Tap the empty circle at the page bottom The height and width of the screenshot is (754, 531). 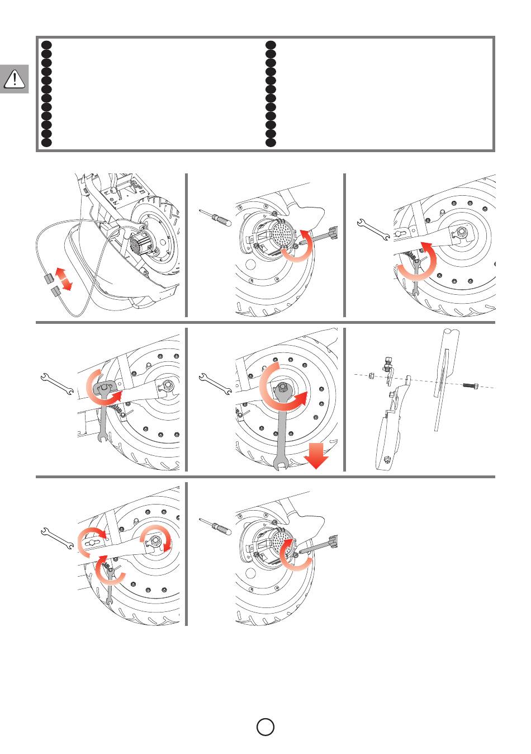pos(265,727)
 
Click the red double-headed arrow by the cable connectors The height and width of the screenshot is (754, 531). pos(64,279)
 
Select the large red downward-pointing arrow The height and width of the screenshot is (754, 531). pos(316,455)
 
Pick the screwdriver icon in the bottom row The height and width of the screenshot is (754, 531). pos(215,526)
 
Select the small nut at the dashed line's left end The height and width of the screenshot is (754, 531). pos(372,375)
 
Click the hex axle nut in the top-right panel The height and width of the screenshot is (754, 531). pos(463,230)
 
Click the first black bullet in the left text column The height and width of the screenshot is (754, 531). pos(47,45)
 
